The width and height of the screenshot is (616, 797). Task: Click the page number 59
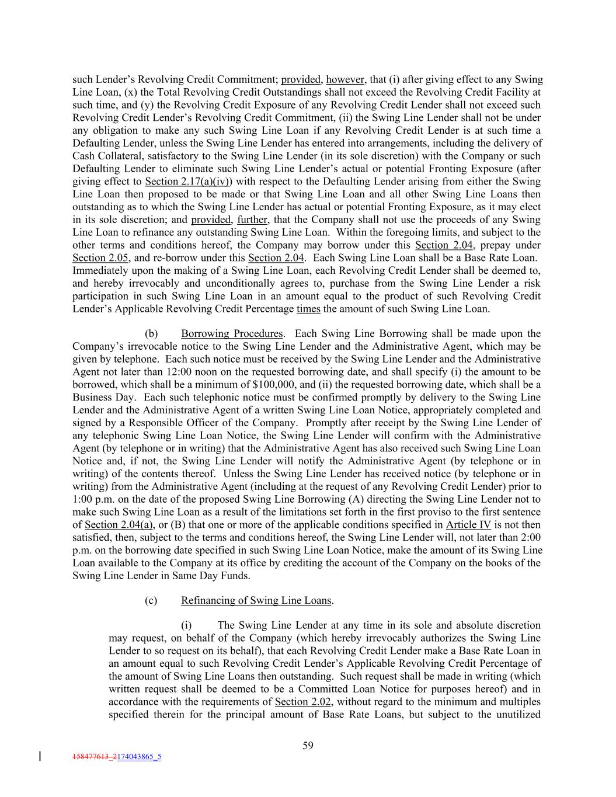pyautogui.click(x=308, y=745)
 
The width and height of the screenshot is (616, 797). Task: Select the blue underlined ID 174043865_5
pyautogui.click(x=139, y=757)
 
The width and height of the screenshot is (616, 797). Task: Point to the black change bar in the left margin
pyautogui.click(x=39, y=757)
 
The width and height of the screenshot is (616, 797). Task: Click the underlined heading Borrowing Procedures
pyautogui.click(x=232, y=334)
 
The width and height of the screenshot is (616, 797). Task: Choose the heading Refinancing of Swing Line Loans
pyautogui.click(x=256, y=600)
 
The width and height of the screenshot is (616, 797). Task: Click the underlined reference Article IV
pyautogui.click(x=469, y=525)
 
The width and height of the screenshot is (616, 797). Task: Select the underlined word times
pyautogui.click(x=308, y=309)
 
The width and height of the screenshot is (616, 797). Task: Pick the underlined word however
pyautogui.click(x=345, y=80)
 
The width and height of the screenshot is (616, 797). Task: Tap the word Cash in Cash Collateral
pyautogui.click(x=84, y=156)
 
